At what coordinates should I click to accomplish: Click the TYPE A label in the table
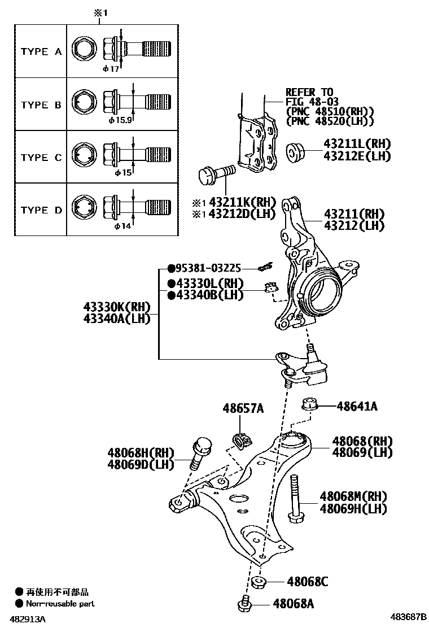(x=41, y=51)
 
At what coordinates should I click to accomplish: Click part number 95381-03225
(x=208, y=268)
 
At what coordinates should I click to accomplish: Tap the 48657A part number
(x=243, y=408)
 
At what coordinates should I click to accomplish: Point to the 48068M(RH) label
(x=353, y=496)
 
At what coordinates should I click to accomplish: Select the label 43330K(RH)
(x=117, y=307)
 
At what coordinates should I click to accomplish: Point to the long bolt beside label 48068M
(x=295, y=498)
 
